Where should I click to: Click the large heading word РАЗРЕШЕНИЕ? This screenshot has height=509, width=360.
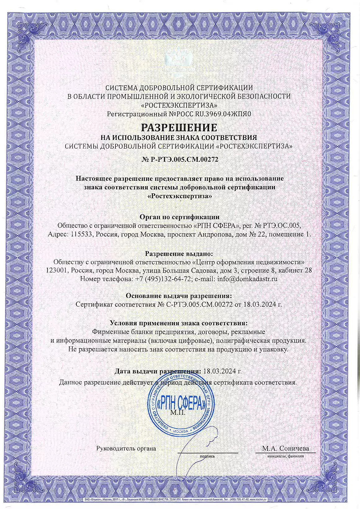[x=179, y=127]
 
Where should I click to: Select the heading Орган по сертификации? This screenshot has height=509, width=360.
[x=180, y=217]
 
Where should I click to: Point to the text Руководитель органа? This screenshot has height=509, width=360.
[x=126, y=448]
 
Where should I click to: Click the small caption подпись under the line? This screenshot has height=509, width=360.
[x=207, y=456]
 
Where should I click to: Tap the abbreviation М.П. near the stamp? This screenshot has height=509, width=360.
[x=177, y=413]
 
